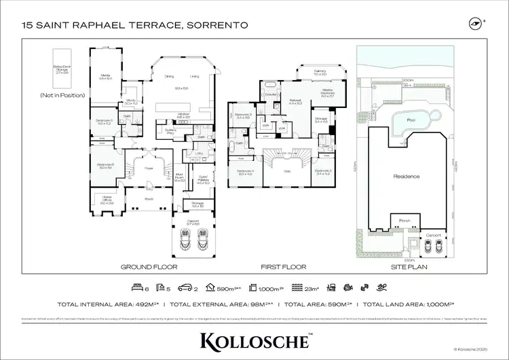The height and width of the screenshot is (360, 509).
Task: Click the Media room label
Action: (x=105, y=77)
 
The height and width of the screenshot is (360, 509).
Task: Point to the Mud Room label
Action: (x=179, y=179)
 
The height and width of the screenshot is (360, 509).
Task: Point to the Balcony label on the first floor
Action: (x=320, y=72)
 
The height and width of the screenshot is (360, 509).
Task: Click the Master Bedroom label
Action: (x=327, y=92)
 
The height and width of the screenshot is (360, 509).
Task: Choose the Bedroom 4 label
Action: (x=244, y=173)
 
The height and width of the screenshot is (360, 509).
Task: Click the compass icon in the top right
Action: (x=474, y=24)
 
